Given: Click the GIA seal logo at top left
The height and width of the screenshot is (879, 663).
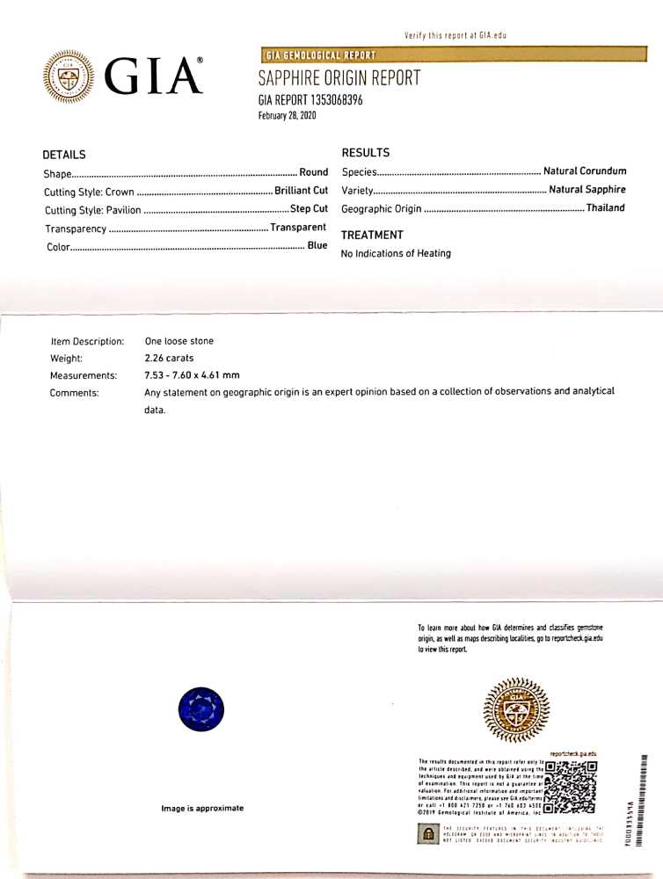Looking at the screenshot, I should click(68, 76).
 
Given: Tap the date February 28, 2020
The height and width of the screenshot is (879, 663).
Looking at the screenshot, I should click(288, 115).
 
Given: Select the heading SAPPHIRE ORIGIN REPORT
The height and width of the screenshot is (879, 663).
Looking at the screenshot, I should click(339, 78).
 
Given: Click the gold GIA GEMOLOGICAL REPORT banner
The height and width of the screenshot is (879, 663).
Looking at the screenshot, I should click(319, 55).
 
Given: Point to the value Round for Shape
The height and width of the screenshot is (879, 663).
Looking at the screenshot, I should click(314, 172).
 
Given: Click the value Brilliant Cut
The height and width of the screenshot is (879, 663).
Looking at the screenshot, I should click(301, 191).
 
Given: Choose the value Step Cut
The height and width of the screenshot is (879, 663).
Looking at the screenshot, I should click(309, 209).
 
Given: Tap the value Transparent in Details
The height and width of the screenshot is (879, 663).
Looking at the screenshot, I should click(298, 228).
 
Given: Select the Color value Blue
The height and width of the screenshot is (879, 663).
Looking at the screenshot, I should click(317, 246).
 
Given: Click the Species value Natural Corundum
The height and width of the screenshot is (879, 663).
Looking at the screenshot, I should click(585, 171).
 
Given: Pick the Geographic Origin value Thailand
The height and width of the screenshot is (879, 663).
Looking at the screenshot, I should click(606, 208).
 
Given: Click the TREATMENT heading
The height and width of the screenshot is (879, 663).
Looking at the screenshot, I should click(372, 235).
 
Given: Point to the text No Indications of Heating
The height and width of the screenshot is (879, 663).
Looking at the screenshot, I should click(396, 253).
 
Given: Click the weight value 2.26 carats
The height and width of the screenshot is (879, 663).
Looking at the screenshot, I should click(169, 358).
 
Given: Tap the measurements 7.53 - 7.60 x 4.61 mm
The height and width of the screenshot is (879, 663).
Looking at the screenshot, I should click(192, 375).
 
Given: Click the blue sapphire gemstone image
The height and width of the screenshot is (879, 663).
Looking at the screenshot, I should click(201, 709).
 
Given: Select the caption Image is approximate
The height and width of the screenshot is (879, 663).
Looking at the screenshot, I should click(202, 808).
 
